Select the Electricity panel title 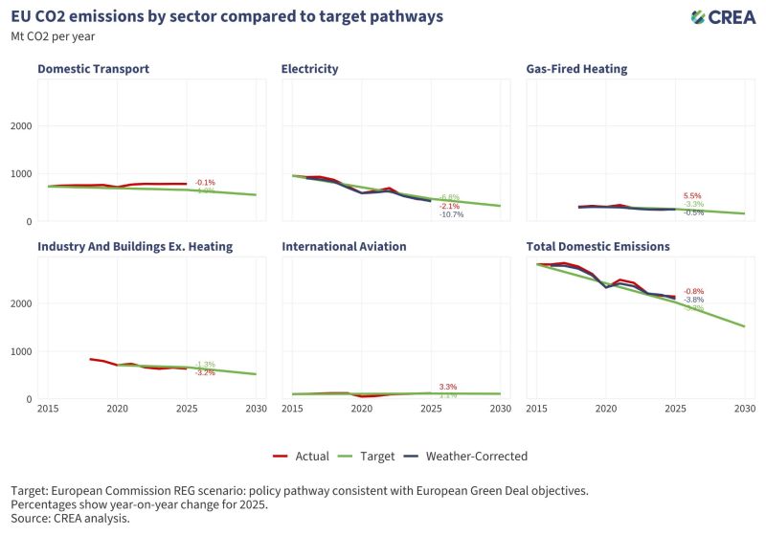309,69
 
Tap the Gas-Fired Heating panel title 576,69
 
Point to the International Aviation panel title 344,247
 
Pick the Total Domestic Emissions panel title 597,247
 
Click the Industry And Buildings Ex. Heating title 135,247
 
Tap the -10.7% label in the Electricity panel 451,214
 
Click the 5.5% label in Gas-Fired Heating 692,195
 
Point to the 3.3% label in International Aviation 448,387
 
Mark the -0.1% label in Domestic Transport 205,182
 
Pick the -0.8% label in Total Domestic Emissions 694,291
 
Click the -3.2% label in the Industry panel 205,372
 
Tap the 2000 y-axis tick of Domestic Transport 20,126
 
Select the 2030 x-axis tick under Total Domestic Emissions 744,409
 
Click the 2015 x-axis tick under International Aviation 292,409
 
